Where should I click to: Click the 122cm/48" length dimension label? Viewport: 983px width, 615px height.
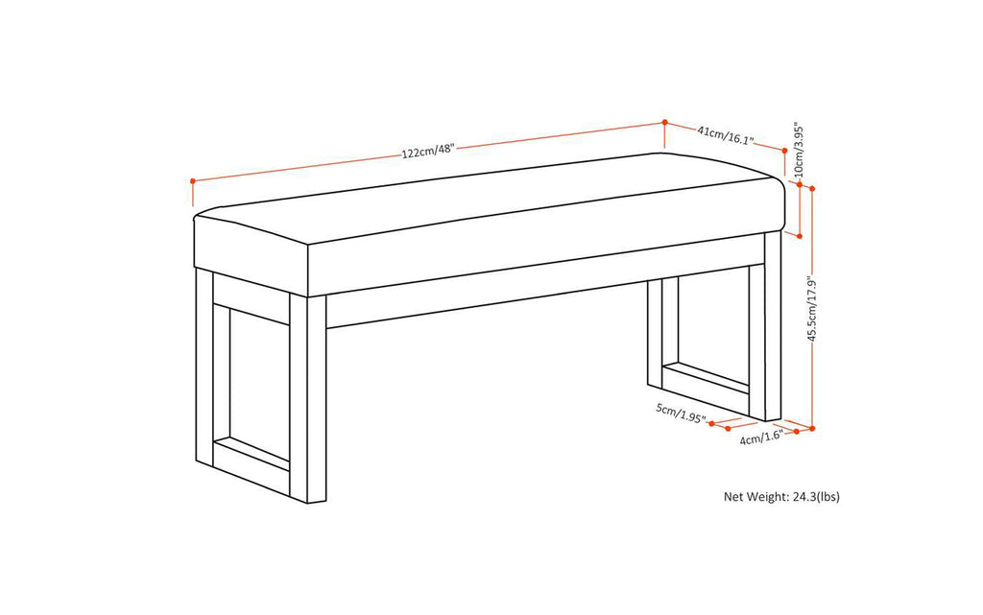(x=427, y=151)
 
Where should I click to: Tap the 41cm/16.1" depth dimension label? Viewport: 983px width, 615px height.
(x=725, y=135)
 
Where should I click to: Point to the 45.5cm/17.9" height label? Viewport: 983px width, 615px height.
(x=811, y=310)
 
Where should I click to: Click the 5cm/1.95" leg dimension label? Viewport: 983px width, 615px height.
(x=681, y=414)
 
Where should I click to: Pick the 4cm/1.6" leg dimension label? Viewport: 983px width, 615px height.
(x=761, y=438)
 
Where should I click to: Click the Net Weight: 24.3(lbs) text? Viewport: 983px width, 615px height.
(x=781, y=496)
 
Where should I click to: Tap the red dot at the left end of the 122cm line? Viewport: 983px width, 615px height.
(x=193, y=180)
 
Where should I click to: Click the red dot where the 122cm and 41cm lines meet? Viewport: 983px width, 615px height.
(x=664, y=122)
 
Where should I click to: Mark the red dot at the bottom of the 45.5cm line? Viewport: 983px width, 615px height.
(x=812, y=428)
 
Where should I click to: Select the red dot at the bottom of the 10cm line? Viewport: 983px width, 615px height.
(x=799, y=235)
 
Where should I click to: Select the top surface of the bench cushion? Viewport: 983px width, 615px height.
(x=480, y=201)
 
